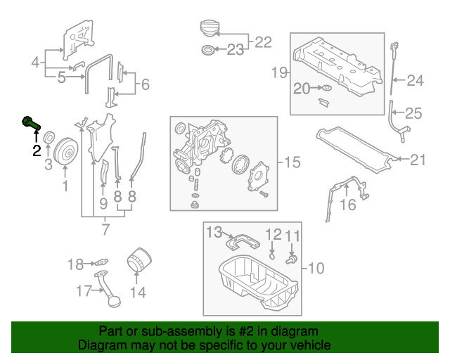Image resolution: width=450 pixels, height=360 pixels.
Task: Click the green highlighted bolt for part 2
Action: [x=30, y=122]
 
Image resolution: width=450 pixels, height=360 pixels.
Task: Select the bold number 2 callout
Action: [x=35, y=150]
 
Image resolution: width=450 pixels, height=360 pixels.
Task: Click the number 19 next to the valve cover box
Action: [x=280, y=72]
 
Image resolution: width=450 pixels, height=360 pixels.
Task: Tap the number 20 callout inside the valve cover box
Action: [x=302, y=89]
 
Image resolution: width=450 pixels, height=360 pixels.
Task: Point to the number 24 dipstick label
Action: [x=416, y=81]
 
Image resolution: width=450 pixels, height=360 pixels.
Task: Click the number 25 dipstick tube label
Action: [x=413, y=112]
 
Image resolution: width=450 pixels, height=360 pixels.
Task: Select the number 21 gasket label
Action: [x=418, y=160]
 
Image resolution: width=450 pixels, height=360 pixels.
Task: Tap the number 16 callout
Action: [x=348, y=205]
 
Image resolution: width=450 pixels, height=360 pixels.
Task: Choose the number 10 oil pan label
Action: [x=316, y=267]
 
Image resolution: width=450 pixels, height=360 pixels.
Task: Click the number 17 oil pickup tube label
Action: [x=84, y=290]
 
